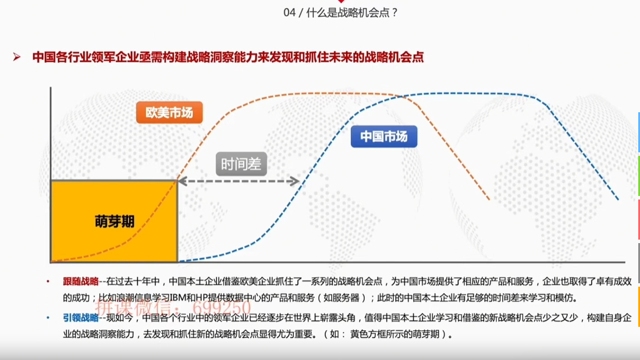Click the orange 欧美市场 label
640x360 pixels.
click(169, 112)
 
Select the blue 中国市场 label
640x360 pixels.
click(384, 137)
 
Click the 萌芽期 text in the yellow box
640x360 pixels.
click(115, 222)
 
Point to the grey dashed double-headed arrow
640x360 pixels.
click(238, 181)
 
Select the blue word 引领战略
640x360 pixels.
click(81, 318)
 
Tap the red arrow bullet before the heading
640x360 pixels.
click(17, 57)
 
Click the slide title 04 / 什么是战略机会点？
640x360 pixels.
click(341, 12)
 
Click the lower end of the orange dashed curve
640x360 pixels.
click(489, 199)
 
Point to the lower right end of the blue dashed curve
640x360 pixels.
click(618, 199)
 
